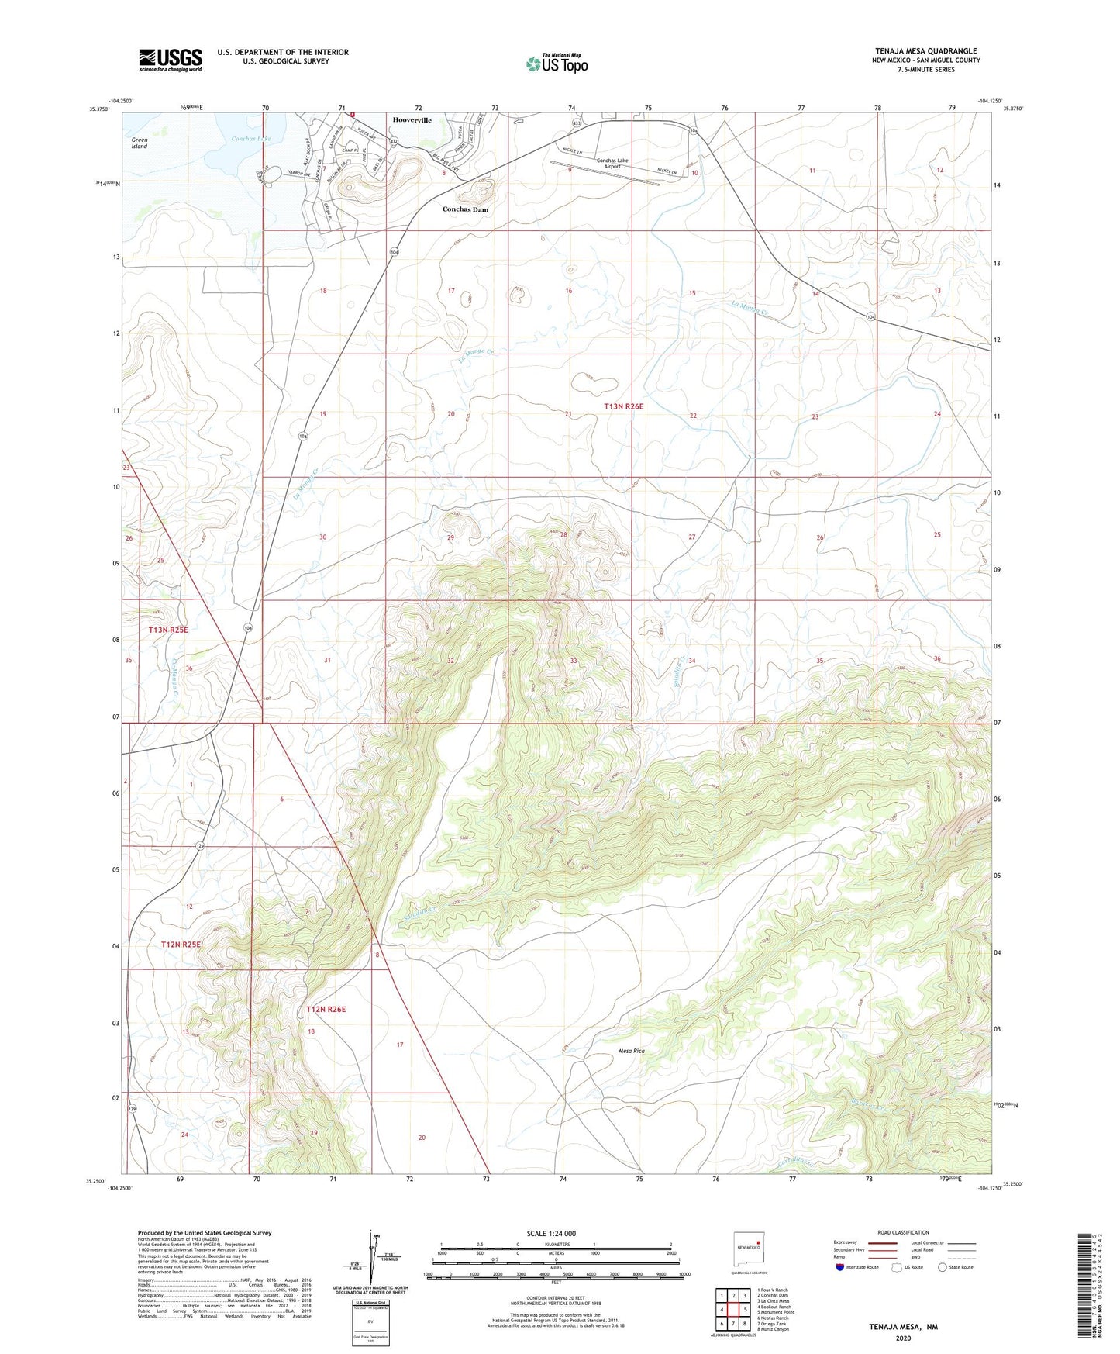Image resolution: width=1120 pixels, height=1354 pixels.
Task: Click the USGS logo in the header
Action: (x=171, y=60)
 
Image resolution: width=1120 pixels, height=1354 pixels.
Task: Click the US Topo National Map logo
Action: (x=557, y=63)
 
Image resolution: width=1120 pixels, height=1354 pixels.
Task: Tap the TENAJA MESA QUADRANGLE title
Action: (x=925, y=51)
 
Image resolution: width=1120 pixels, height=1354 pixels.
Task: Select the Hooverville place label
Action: (x=412, y=120)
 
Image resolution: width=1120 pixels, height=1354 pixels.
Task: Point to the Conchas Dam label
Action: (x=465, y=209)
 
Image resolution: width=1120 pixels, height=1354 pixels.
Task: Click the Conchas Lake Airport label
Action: (x=612, y=164)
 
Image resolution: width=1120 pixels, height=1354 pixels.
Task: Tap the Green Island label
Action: (x=140, y=143)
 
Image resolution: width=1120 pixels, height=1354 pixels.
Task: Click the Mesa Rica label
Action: (x=632, y=1051)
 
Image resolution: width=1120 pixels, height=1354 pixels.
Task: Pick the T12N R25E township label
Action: (x=181, y=945)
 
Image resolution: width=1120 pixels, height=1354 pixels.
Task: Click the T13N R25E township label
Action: (x=168, y=630)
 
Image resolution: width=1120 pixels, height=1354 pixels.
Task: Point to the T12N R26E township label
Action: (x=326, y=1010)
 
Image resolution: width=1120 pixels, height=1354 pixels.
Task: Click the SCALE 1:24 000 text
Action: (x=551, y=1234)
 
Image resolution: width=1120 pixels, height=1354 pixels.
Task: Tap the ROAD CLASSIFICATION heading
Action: (x=903, y=1233)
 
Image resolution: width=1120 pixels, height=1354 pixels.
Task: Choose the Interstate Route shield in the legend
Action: (x=841, y=1267)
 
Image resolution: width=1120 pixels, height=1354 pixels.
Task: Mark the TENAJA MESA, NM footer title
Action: (x=903, y=1327)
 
